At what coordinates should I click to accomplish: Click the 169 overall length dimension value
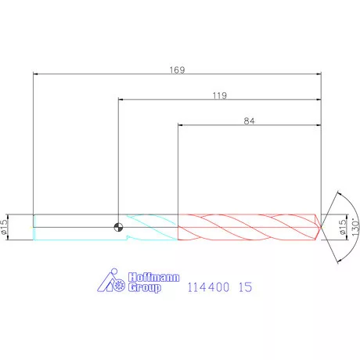pyautogui.click(x=177, y=70)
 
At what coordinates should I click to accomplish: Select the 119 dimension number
pyautogui.click(x=220, y=95)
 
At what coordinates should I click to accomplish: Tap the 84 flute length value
pyautogui.click(x=249, y=121)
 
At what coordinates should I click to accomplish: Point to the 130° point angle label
pyautogui.click(x=355, y=228)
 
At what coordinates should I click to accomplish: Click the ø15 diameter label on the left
pyautogui.click(x=4, y=226)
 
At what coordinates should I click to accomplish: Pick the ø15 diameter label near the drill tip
pyautogui.click(x=342, y=226)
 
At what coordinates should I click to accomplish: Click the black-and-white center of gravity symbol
pyautogui.click(x=118, y=227)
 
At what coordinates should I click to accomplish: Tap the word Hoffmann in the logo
pyautogui.click(x=153, y=277)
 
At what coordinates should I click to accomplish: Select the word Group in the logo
pyautogui.click(x=144, y=287)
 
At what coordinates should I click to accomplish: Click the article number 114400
pyautogui.click(x=208, y=287)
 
